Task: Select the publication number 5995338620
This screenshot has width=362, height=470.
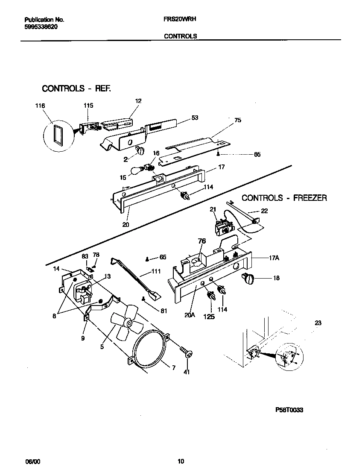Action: point(41,26)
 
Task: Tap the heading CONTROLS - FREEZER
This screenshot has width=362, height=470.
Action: point(284,198)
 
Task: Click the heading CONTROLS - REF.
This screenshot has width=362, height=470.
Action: point(76,88)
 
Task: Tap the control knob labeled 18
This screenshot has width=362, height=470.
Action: point(248,278)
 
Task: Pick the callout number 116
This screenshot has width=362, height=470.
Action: point(40,106)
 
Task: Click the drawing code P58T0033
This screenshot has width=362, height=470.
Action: point(289,409)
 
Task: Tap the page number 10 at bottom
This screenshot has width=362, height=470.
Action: point(181,461)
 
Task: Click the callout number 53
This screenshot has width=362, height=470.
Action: point(195,117)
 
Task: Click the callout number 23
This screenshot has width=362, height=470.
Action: point(318,323)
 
